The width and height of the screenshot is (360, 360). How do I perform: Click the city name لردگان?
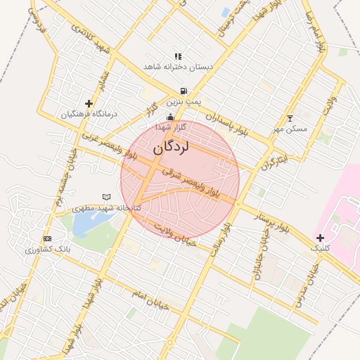pos(171,148)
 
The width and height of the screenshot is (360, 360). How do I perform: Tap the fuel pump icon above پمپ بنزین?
pos(184,91)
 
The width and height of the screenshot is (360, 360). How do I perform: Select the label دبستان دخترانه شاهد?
pos(178,66)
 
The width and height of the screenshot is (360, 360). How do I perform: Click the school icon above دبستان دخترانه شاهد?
pos(178,56)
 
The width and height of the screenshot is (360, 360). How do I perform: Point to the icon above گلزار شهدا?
pos(169,117)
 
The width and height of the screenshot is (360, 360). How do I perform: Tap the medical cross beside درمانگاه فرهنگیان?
pos(89,103)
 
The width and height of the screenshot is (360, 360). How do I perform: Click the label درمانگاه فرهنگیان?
pos(89,114)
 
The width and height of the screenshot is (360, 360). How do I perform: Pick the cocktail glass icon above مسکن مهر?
pos(290,118)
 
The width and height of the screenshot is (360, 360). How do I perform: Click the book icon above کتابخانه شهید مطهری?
pos(107,197)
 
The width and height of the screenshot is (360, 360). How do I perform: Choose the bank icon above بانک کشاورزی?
pos(47,239)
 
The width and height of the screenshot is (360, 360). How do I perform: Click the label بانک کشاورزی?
pos(47,250)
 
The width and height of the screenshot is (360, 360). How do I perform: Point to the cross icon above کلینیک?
pos(321,238)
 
